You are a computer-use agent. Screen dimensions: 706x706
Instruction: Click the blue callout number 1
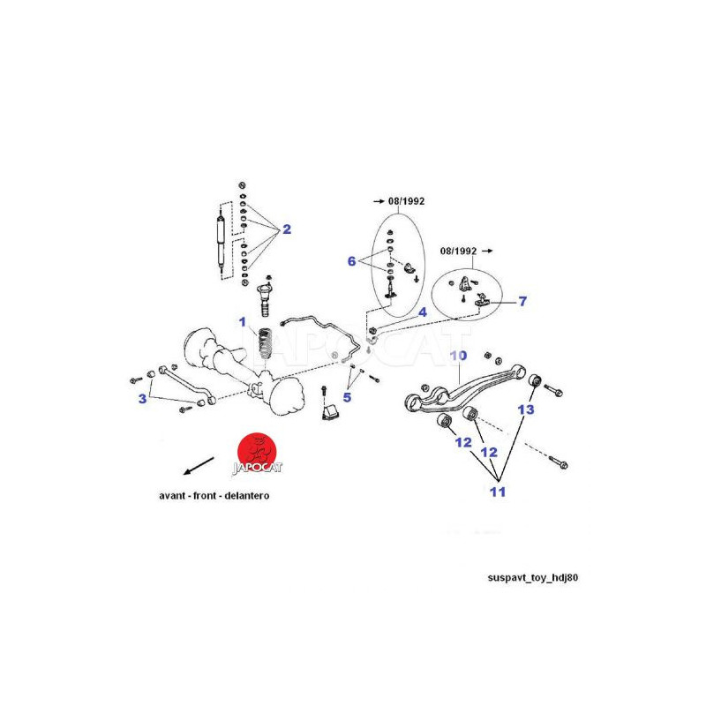point(243,322)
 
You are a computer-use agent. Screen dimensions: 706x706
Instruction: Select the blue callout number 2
point(287,229)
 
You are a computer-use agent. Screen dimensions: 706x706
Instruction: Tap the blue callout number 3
point(143,399)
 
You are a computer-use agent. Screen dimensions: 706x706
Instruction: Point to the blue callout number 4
point(423,312)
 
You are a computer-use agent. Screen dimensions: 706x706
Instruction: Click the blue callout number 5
point(347,398)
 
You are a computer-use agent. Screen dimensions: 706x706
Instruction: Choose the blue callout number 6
point(351,261)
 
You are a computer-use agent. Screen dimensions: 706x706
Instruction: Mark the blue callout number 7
point(522,301)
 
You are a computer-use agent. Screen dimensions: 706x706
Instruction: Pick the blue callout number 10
point(458,356)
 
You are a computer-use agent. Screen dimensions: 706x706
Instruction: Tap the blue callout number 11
point(498,492)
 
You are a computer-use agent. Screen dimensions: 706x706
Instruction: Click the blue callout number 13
point(526,409)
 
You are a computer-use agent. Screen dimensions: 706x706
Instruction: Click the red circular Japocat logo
point(257,453)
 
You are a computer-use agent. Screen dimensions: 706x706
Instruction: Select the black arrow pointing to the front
point(199,466)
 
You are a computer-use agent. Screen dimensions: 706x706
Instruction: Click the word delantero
point(247,496)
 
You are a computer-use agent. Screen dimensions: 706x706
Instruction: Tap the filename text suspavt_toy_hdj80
point(533,578)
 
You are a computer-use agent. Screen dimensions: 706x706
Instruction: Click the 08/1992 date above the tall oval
point(406,201)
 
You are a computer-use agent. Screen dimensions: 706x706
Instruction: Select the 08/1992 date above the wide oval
point(458,251)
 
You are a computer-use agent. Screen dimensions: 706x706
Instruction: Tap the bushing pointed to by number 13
point(535,380)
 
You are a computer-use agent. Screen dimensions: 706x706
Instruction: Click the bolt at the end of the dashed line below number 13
point(559,462)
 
